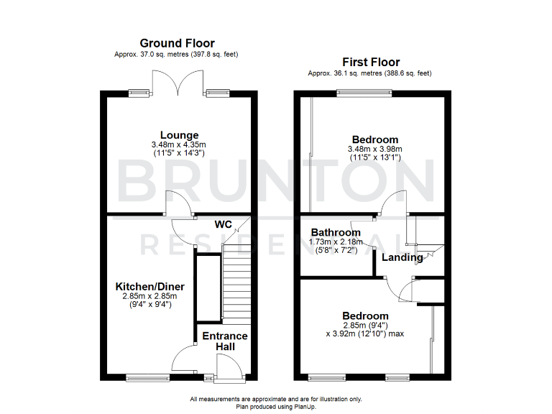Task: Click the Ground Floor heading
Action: [177, 44]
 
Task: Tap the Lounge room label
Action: [179, 135]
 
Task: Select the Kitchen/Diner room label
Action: [150, 287]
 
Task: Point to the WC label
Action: [223, 224]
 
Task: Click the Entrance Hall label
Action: [224, 341]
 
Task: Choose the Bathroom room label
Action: [336, 232]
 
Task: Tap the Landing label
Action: [402, 257]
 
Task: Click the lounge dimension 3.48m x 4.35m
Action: [179, 144]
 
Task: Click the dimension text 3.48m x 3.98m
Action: [374, 149]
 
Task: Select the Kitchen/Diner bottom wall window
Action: [139, 376]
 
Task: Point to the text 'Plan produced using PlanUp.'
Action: [276, 407]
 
